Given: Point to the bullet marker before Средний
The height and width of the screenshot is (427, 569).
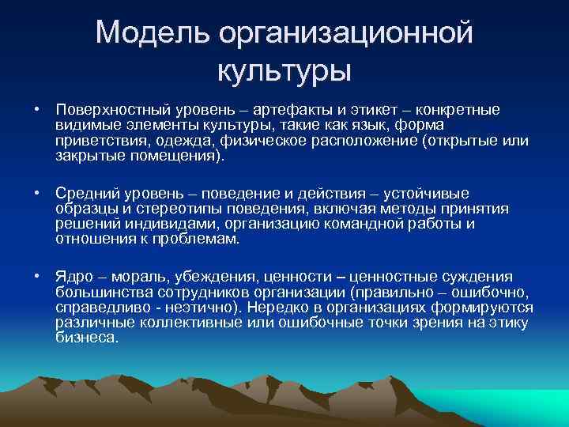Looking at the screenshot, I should coord(36,193).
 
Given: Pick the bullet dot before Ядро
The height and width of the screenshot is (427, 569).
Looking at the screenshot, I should coord(36,276).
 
